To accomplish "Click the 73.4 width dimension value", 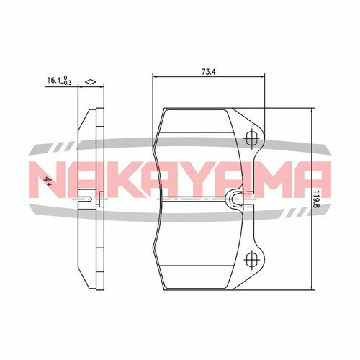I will point(207,71).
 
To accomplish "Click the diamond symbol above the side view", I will point(90,82).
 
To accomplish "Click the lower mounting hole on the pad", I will point(251,259).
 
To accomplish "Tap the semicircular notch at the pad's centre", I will point(235,197).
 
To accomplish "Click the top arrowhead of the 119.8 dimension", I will point(310,111).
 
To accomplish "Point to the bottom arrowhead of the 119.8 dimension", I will point(310,284).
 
